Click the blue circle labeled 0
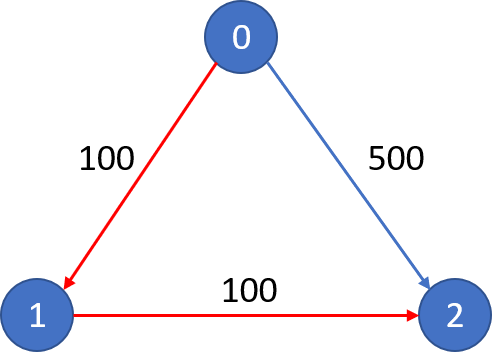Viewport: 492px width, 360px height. point(241,38)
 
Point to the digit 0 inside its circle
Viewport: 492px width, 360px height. point(241,38)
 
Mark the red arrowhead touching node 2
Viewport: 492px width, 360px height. point(411,316)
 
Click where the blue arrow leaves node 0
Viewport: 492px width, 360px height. point(266,65)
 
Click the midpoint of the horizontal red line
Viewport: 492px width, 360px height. point(246,316)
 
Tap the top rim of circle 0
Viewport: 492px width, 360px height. point(241,3)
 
